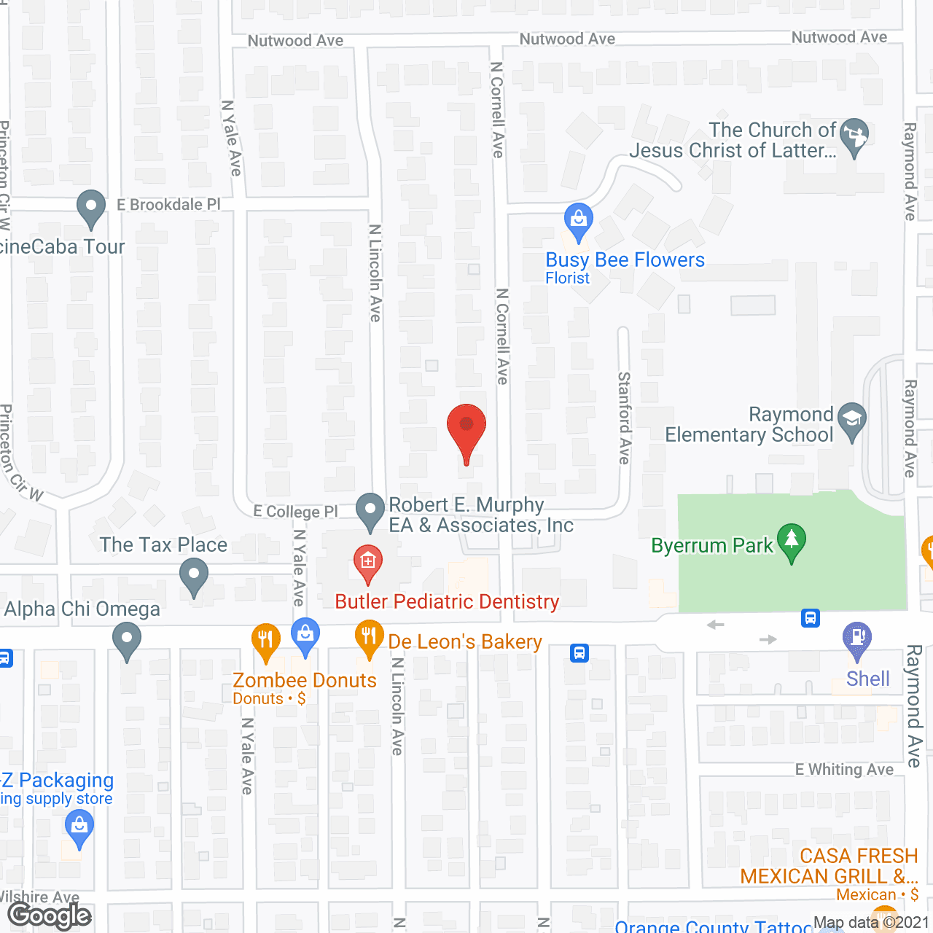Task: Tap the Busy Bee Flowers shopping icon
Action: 578,220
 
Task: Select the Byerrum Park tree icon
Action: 791,542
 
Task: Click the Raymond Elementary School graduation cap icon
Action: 851,420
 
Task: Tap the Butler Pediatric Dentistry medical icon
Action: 368,563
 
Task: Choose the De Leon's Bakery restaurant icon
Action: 370,638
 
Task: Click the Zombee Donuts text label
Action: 304,680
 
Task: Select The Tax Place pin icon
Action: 193,575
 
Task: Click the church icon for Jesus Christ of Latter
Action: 854,136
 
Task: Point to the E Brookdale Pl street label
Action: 168,205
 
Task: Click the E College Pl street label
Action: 295,511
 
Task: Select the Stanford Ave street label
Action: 625,418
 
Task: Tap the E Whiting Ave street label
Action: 844,770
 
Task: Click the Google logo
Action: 50,916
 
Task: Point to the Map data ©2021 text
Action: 871,923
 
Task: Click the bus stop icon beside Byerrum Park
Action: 810,618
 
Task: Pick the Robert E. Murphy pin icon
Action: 370,510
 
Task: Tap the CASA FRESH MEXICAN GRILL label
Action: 829,866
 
